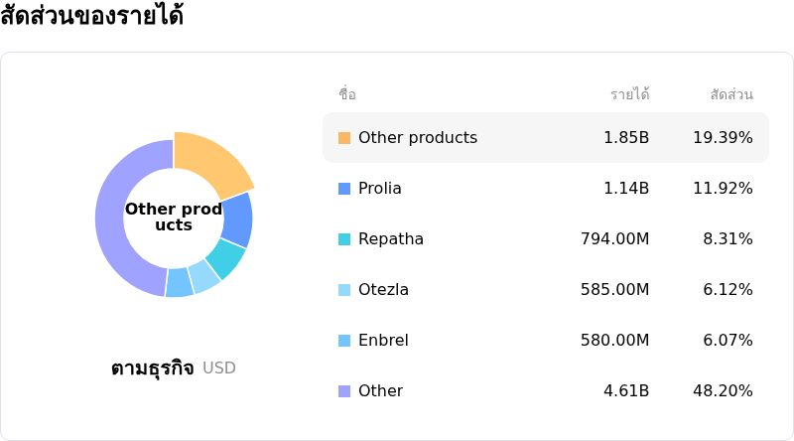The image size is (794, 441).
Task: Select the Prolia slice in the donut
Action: (237, 220)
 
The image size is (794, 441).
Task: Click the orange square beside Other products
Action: (344, 138)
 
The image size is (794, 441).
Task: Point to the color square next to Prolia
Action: (344, 189)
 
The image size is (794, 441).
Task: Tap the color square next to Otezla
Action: (344, 290)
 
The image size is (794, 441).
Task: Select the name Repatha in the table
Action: (391, 239)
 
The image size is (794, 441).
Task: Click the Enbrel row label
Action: (383, 341)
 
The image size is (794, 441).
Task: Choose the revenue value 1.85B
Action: (626, 138)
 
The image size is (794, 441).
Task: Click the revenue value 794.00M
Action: (615, 239)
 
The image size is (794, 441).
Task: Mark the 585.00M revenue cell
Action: (615, 290)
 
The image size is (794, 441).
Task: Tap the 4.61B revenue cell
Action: (626, 391)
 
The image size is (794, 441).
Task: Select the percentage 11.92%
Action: (723, 189)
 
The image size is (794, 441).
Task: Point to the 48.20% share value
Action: (723, 391)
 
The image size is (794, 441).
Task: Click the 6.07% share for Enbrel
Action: (728, 341)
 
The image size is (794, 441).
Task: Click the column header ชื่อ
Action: (347, 95)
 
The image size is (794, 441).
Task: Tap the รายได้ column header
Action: (630, 95)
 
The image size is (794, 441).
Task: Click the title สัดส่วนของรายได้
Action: (91, 17)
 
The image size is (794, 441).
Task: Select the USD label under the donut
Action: (219, 368)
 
